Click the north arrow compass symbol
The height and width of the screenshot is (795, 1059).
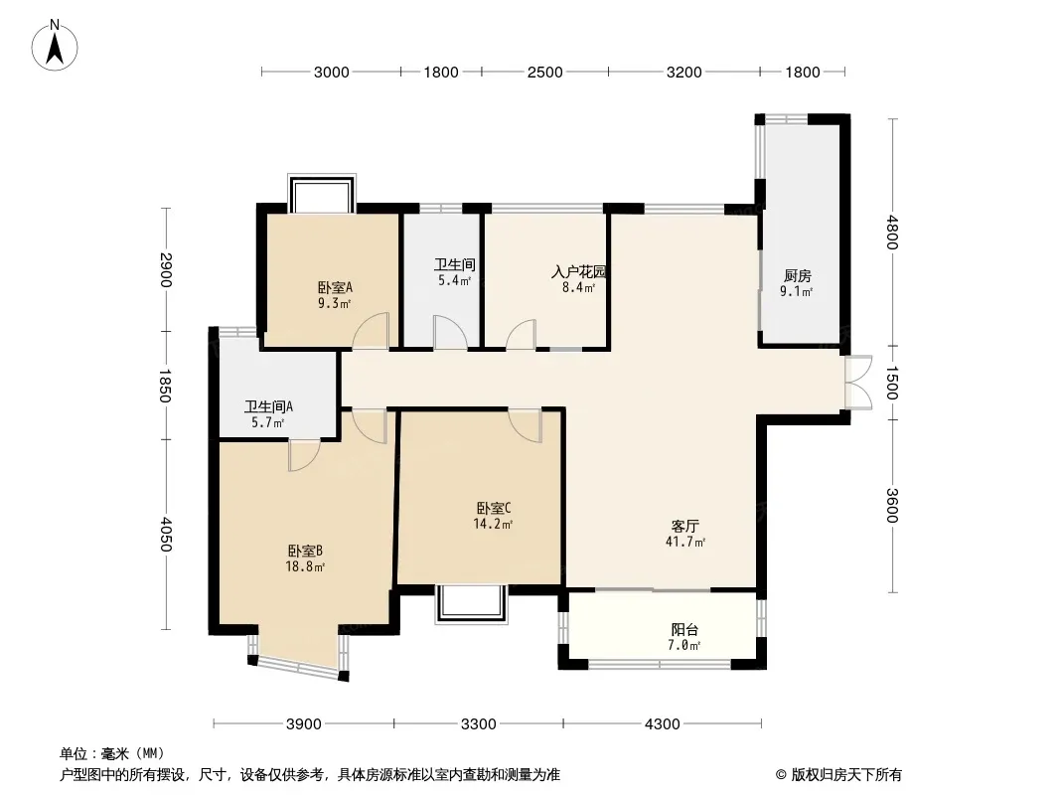pos(55,46)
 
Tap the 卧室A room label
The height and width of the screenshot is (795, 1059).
pos(335,288)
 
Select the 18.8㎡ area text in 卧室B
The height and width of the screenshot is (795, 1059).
pos(305,566)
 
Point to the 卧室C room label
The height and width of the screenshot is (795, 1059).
pos(494,508)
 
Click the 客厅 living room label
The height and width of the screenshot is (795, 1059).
pos(684,526)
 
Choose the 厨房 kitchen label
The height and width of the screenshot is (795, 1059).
pos(797,275)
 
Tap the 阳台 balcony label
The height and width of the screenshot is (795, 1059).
pos(684,629)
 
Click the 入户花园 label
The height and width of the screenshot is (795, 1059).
pos(579,272)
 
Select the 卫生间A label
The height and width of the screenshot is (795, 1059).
pos(268,407)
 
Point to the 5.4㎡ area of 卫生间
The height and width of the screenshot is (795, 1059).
pos(455,280)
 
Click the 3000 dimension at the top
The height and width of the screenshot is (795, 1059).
pos(331,73)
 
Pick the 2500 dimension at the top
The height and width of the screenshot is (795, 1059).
pos(544,73)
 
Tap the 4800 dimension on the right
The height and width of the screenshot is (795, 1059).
pos(892,232)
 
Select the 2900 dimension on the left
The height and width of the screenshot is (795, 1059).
pos(166,269)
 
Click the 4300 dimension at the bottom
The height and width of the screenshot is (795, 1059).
pos(662,724)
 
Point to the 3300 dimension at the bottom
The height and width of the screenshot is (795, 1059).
pos(478,724)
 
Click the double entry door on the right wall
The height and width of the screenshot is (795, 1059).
pos(857,383)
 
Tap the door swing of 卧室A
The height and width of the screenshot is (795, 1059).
pos(371,330)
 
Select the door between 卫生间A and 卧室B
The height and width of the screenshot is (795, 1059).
pos(304,454)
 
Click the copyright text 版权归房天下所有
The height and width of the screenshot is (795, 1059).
pos(845,775)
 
